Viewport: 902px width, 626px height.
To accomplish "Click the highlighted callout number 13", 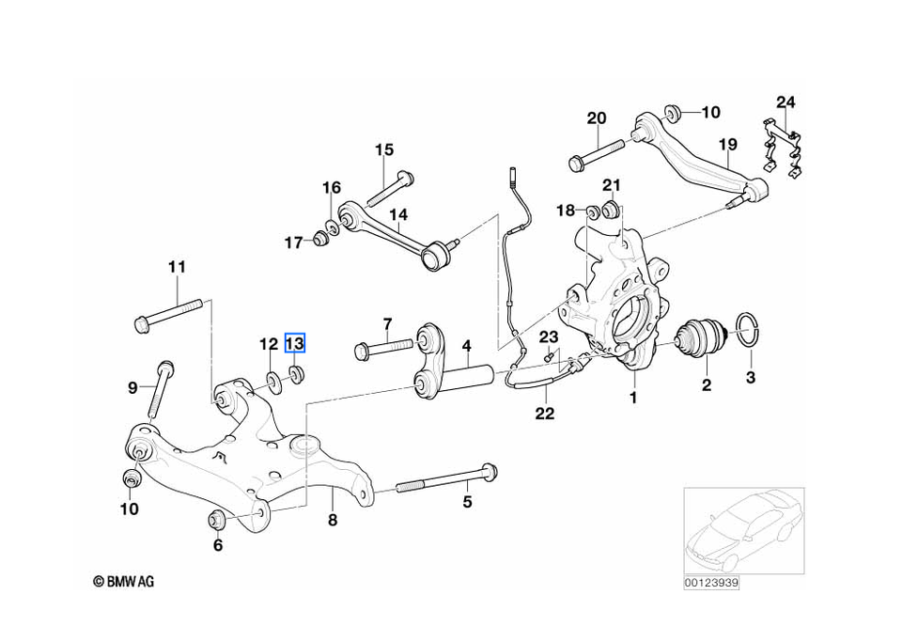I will coord(295,344).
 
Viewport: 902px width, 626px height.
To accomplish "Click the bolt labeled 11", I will coord(169,314).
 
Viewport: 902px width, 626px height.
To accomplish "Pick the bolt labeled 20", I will coord(597,152).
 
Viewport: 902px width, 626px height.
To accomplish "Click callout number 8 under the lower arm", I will coord(332,520).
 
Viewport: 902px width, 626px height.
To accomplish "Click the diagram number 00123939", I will coord(711,583).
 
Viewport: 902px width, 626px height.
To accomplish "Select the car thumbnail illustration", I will coord(742,531).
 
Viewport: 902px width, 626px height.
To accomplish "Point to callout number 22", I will coord(545,413).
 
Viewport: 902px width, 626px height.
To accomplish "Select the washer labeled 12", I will coord(274,382).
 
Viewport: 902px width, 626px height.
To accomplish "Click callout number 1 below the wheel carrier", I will coord(633,399).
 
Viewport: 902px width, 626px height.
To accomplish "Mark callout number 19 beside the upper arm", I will coord(727,145).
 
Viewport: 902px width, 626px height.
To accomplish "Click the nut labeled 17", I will coord(319,240).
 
